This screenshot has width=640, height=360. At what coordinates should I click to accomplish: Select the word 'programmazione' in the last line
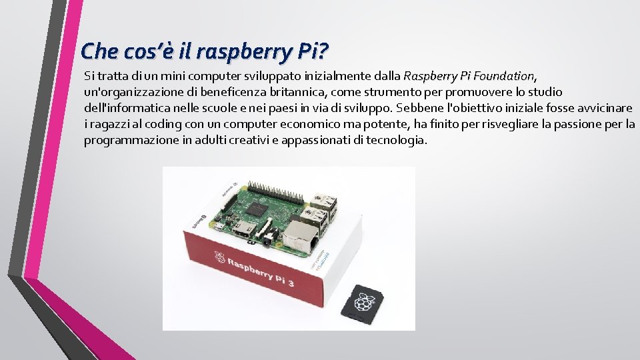point(123,140)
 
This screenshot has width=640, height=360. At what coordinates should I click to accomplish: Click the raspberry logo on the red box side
point(219,257)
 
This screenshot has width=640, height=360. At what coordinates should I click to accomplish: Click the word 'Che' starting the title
point(93,51)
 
